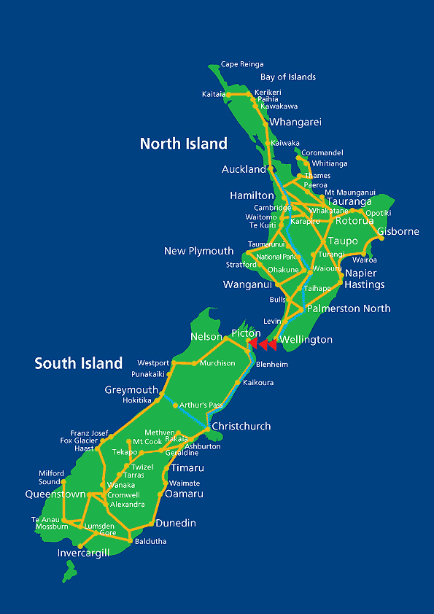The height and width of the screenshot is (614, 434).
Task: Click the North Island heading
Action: click(x=184, y=144)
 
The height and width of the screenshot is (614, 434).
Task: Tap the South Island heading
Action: click(x=78, y=363)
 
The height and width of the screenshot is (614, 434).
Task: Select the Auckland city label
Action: click(x=244, y=169)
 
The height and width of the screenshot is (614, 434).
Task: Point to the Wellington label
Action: click(x=306, y=340)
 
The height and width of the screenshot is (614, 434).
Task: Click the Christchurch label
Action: click(x=241, y=426)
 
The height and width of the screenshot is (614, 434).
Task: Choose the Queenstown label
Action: click(x=55, y=494)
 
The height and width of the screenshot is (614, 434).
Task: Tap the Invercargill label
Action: click(x=83, y=553)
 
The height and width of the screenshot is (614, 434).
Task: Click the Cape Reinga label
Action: click(x=242, y=64)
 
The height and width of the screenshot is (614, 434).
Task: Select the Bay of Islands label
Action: click(x=288, y=77)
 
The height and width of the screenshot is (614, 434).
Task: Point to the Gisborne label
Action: click(x=398, y=232)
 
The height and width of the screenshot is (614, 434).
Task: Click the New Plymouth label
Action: click(x=198, y=251)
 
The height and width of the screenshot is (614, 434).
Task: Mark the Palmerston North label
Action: click(x=348, y=308)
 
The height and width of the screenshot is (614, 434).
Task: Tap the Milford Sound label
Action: click(x=51, y=478)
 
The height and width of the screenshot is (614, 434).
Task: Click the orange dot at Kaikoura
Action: click(x=239, y=382)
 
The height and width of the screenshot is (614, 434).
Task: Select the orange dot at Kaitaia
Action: click(x=228, y=94)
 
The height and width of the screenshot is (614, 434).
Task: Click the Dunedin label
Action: click(x=175, y=524)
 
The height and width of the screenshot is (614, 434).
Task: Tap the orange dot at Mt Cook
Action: click(x=128, y=441)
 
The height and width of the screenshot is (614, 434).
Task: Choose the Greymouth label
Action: click(x=131, y=390)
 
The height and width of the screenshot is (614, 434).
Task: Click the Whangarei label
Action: click(x=295, y=123)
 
